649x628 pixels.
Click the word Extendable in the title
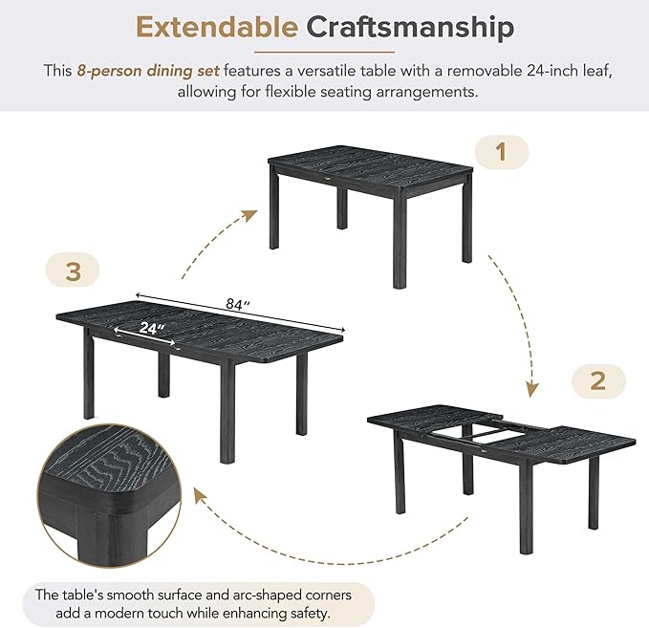click(x=217, y=28)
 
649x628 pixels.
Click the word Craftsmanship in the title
click(x=410, y=29)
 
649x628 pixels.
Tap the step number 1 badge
click(x=502, y=152)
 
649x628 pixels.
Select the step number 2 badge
click(x=598, y=380)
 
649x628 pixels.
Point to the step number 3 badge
click(x=73, y=271)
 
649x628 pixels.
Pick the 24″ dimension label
click(x=151, y=328)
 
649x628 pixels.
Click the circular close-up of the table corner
click(x=109, y=496)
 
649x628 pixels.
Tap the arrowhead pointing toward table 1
click(x=249, y=215)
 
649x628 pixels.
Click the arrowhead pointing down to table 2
click(x=531, y=390)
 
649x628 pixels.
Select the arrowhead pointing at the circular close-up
click(x=201, y=495)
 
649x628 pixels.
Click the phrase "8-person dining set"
click(x=148, y=71)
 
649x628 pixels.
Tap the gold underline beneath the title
click(x=324, y=53)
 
